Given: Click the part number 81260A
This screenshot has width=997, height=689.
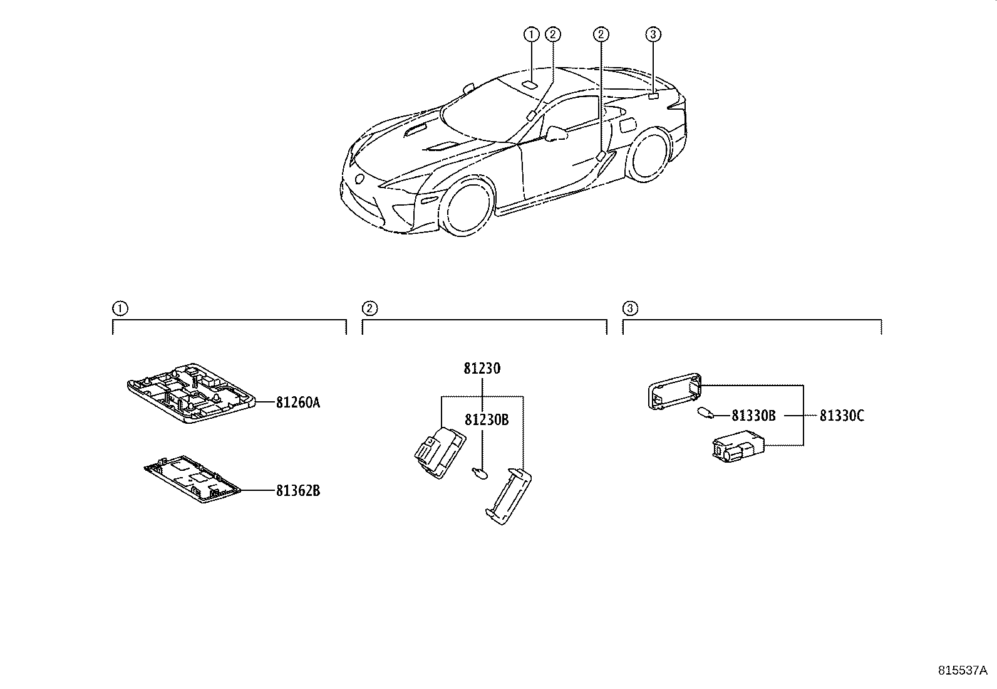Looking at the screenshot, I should coord(298,402).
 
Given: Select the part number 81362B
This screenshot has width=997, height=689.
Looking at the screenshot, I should coord(298,490).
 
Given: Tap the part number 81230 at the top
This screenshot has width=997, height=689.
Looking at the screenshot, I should coord(482,369).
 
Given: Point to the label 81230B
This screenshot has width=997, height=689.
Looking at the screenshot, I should coord(486,420).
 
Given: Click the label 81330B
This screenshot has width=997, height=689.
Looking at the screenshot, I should coord(753,415).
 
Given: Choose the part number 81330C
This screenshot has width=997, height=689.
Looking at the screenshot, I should coord(842,415).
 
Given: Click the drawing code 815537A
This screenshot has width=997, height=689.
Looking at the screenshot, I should coord(962,670).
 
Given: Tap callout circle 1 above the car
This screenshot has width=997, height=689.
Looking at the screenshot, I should coord(531,34).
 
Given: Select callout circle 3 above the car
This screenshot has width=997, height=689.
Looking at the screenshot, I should coord(653,34).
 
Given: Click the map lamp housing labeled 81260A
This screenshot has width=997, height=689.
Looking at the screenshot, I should coord(191,394).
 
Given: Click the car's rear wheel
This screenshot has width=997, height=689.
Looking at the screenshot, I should coord(651,154).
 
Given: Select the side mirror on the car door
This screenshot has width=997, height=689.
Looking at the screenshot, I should coord(556,133).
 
